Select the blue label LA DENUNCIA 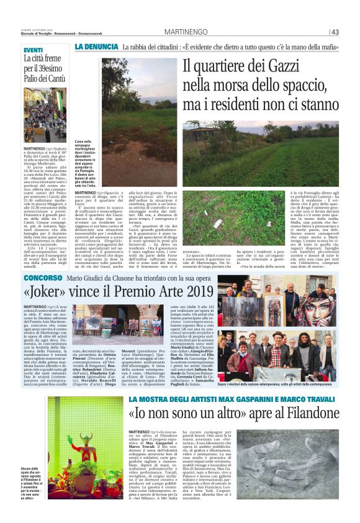pos(96,47)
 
